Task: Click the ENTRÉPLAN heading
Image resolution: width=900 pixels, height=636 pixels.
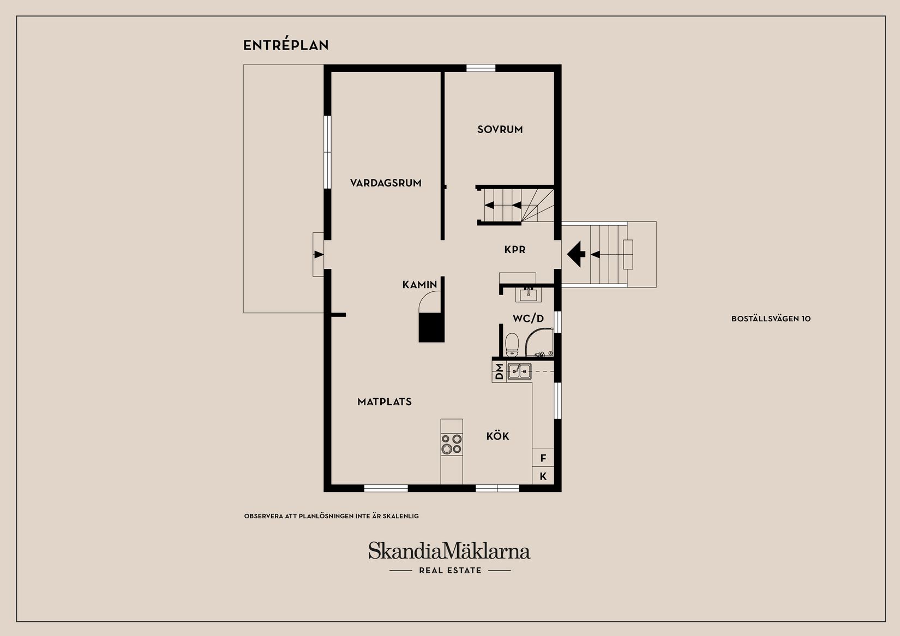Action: (x=286, y=45)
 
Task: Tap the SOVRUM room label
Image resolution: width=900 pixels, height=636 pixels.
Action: (x=500, y=129)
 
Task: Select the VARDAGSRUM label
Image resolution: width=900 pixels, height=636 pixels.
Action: (x=386, y=183)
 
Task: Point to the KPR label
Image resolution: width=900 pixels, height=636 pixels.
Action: (x=514, y=250)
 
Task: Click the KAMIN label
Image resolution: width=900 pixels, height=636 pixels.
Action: (x=419, y=284)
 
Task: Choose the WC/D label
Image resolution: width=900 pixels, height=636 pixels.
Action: (x=528, y=319)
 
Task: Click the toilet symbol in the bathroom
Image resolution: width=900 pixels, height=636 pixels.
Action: (x=512, y=344)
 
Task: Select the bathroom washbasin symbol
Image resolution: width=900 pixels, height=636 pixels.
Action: (x=528, y=295)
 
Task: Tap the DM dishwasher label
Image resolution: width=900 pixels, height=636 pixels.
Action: (x=499, y=371)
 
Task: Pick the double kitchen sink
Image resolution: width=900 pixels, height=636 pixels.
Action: (x=519, y=371)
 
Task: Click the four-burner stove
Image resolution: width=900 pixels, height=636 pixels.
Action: (x=452, y=443)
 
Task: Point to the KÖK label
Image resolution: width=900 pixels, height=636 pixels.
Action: (x=497, y=436)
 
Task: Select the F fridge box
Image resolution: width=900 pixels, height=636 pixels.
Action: (x=543, y=458)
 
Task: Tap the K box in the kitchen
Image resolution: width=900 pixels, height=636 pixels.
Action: (x=543, y=476)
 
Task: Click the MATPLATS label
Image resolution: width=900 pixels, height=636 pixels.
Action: (x=384, y=402)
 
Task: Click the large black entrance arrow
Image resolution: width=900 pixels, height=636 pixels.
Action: (x=576, y=254)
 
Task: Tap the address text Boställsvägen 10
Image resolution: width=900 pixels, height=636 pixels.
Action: (x=771, y=319)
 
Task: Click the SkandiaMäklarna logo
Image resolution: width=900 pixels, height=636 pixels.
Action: (x=449, y=551)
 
